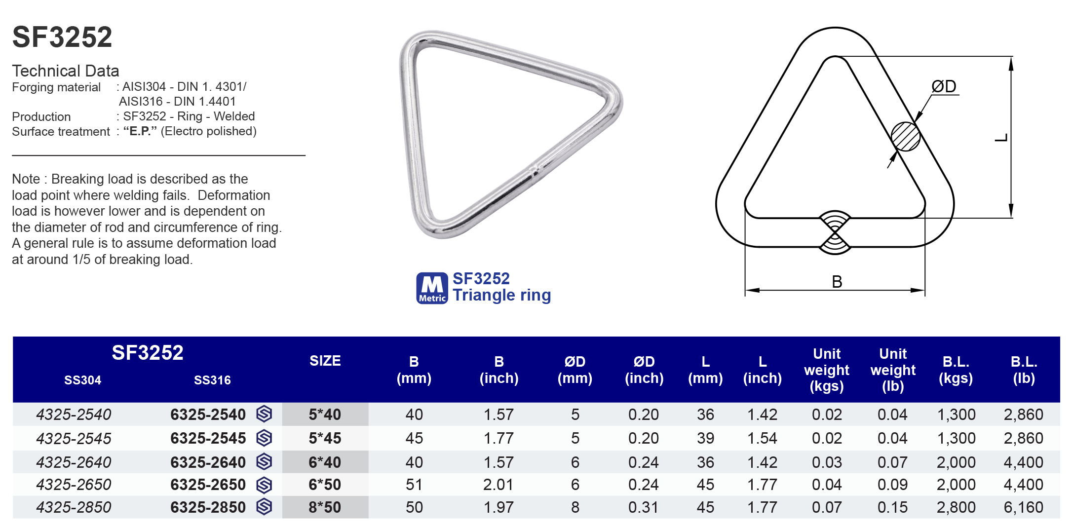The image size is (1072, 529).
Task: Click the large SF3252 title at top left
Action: (x=62, y=37)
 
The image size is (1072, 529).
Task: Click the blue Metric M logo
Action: (x=432, y=288)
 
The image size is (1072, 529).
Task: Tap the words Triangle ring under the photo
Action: (x=501, y=295)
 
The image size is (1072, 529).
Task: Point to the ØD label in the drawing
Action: (x=943, y=86)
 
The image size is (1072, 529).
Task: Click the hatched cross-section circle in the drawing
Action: (x=905, y=137)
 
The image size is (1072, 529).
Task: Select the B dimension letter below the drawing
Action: (x=837, y=282)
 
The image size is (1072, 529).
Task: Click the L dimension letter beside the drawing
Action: (x=1001, y=138)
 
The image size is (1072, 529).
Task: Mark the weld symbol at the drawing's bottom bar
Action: (x=835, y=232)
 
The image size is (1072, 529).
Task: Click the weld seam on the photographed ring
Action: (x=534, y=170)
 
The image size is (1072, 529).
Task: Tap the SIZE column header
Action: (x=325, y=361)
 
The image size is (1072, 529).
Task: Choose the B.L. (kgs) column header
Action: (x=956, y=370)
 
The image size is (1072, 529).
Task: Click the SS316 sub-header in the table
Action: (x=212, y=380)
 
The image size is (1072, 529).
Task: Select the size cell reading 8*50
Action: (x=325, y=507)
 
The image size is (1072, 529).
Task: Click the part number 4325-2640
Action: (x=74, y=462)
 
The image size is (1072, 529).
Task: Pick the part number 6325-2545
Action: (x=208, y=438)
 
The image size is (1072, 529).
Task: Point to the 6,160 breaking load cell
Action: (x=1023, y=507)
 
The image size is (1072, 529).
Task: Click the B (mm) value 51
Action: (x=414, y=485)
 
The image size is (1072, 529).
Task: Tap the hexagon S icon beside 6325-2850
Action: (x=265, y=507)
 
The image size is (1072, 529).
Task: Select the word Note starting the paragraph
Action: (x=26, y=179)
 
